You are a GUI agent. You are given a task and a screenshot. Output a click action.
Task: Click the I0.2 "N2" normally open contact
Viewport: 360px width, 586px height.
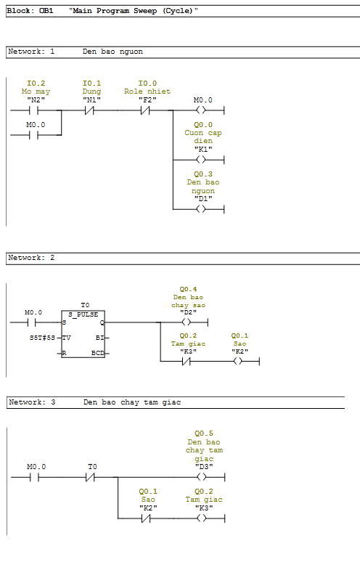33,110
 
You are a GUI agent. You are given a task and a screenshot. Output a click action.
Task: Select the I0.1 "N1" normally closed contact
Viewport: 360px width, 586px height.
89,110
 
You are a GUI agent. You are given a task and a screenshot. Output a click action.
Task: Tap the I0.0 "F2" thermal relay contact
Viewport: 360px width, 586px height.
145,110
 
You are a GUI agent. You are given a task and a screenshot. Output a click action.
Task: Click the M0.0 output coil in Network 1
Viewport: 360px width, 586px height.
201,110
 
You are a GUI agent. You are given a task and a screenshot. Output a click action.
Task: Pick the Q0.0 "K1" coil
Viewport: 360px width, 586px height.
201,160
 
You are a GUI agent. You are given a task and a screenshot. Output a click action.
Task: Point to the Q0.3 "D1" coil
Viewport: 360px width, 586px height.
201,209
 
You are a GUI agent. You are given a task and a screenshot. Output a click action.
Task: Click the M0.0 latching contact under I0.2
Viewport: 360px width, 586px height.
33,135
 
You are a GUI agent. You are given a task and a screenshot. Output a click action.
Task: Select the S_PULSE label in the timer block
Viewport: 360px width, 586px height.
83,314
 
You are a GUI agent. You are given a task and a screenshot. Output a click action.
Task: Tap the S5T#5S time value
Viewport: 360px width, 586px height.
42,338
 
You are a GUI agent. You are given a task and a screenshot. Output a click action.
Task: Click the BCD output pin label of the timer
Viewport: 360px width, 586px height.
98,353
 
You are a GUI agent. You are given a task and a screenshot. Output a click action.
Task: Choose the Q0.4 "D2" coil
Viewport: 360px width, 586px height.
186,322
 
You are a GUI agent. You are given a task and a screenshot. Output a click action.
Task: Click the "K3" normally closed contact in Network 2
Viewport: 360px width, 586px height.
186,362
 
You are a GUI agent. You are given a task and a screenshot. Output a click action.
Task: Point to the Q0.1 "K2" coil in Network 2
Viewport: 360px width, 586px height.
237,362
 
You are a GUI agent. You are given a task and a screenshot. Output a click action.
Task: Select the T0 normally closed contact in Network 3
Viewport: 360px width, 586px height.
90,477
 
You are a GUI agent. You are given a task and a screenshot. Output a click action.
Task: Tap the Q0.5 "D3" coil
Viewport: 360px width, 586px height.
202,477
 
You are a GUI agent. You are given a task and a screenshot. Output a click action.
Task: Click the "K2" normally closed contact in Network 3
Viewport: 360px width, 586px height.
146,518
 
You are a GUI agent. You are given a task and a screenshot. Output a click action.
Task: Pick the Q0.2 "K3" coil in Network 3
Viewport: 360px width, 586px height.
202,518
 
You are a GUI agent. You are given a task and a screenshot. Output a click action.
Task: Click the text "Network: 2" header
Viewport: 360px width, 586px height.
31,258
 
